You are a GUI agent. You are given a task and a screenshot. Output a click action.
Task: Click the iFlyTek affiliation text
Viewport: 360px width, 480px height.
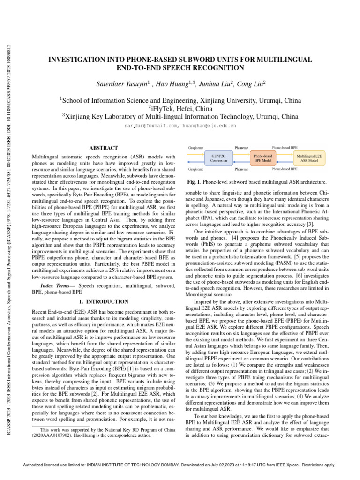point(180,108)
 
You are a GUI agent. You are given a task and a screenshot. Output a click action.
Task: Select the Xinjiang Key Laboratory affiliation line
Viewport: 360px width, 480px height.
point(180,117)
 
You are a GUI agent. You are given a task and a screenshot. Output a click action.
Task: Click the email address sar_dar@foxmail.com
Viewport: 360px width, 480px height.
point(151,126)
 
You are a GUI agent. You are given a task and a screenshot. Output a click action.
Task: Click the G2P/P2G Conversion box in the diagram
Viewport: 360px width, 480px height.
point(218,157)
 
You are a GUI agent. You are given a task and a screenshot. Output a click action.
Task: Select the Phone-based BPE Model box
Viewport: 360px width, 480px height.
point(262,157)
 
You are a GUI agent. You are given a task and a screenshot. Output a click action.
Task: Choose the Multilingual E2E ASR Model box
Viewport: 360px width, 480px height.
point(307,157)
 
